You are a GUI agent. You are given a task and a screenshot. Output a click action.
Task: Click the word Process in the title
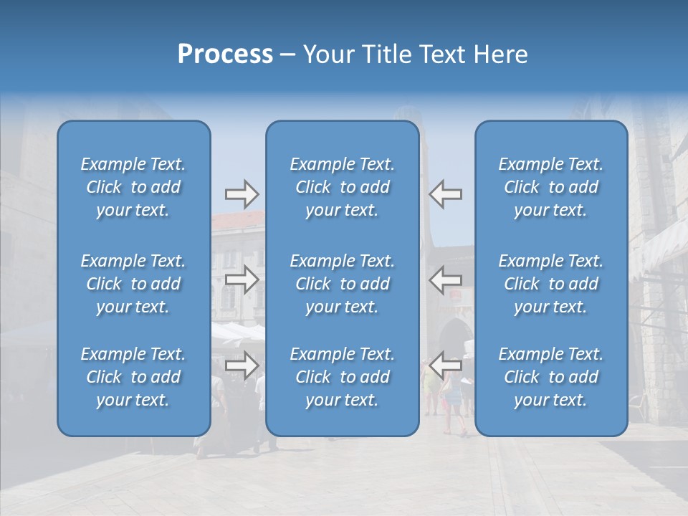click(x=225, y=54)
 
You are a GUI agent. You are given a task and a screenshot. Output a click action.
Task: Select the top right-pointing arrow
click(x=242, y=194)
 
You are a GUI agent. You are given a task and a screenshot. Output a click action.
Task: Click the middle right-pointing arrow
click(x=242, y=279)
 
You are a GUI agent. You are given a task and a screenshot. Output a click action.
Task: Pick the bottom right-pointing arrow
click(x=242, y=365)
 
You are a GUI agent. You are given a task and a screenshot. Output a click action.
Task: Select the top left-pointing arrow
click(x=446, y=194)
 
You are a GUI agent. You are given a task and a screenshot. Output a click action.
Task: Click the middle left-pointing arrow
click(x=446, y=279)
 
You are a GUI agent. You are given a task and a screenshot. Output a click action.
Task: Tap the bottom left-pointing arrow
click(x=446, y=365)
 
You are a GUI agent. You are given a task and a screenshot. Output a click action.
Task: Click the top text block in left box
click(x=133, y=187)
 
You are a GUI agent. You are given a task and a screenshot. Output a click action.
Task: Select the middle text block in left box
click(x=133, y=284)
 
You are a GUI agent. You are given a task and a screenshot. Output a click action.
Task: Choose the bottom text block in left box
click(x=133, y=377)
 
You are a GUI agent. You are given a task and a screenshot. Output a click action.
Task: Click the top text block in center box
click(x=343, y=187)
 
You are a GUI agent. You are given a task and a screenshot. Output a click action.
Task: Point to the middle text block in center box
click(x=343, y=284)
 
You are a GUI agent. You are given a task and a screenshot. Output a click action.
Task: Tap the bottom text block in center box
click(x=343, y=377)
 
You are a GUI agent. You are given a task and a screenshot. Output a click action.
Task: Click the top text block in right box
click(x=551, y=187)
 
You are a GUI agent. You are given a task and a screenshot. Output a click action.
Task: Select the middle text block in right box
click(x=551, y=284)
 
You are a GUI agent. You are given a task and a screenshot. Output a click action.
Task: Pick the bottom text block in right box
click(x=551, y=377)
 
